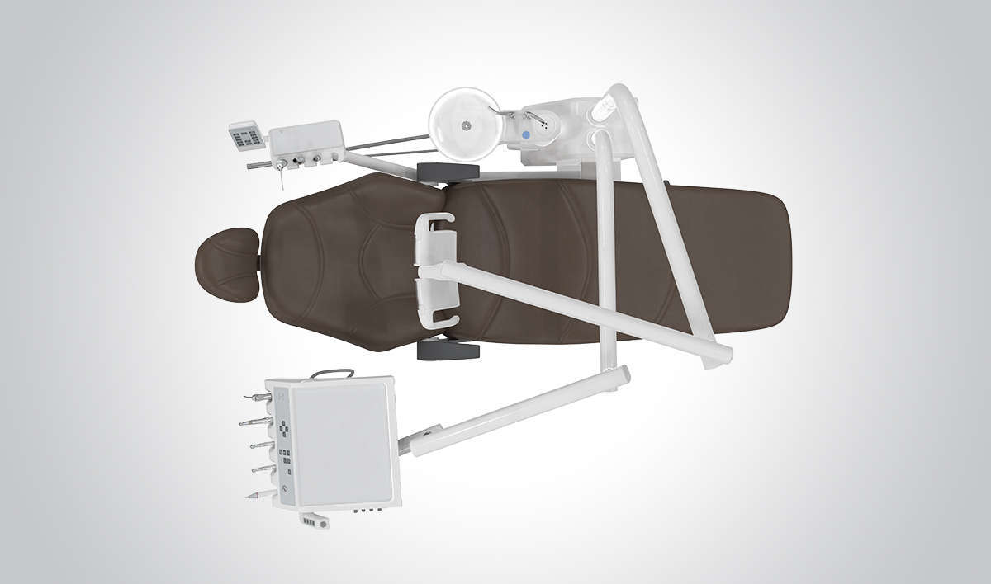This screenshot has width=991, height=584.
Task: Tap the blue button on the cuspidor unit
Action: point(525,134)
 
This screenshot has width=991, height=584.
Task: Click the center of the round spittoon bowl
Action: point(465,125)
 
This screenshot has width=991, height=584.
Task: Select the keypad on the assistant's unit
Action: point(247,136)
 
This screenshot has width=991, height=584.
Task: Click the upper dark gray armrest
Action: point(448,172)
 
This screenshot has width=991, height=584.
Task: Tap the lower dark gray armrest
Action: point(448,351)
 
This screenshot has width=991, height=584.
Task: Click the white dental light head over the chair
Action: point(436,271)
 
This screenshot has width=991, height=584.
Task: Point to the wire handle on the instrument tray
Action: point(332,373)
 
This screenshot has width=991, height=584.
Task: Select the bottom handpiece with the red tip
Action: point(258,494)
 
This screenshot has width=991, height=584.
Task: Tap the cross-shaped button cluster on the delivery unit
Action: point(284,430)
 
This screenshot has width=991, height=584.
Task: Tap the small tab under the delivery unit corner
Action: point(314,520)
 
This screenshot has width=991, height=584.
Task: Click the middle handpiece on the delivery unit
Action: point(261,445)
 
